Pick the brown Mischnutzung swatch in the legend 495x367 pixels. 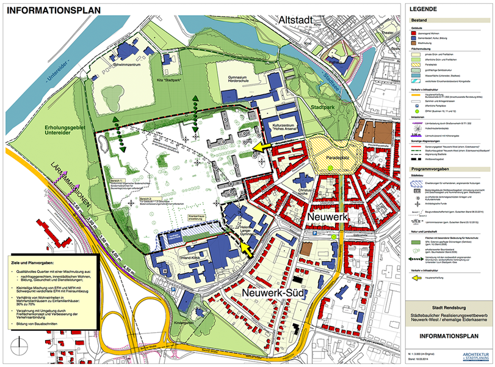415,45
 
